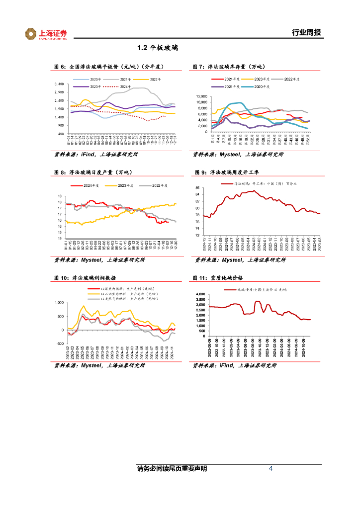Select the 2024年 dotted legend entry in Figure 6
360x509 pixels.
click(x=122, y=87)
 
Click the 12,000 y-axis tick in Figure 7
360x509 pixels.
click(x=200, y=96)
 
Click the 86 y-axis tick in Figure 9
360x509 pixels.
click(x=197, y=187)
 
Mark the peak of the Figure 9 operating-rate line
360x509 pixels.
click(x=254, y=191)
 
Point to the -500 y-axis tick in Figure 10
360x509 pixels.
click(x=59, y=343)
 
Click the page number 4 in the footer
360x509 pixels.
click(x=270, y=469)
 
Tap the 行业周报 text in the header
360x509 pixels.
click(x=306, y=33)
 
